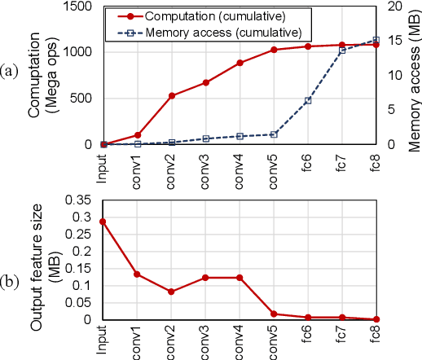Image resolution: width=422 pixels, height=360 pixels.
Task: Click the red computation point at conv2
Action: pyautogui.click(x=172, y=95)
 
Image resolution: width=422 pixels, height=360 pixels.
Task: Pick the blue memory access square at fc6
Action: pyautogui.click(x=308, y=101)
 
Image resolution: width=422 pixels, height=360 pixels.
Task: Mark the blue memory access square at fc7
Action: pyautogui.click(x=342, y=50)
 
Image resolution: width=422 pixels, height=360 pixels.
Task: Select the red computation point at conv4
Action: pyautogui.click(x=240, y=63)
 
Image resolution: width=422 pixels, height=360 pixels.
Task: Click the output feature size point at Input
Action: pyautogui.click(x=103, y=222)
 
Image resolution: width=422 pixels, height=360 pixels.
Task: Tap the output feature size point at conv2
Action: pyautogui.click(x=172, y=292)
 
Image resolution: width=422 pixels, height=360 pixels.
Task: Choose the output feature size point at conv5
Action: pyautogui.click(x=274, y=314)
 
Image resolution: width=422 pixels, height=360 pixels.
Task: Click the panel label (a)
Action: pyautogui.click(x=11, y=72)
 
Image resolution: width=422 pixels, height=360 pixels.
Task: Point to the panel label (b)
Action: pyautogui.click(x=11, y=282)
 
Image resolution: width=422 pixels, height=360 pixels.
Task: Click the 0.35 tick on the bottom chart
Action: pyautogui.click(x=79, y=200)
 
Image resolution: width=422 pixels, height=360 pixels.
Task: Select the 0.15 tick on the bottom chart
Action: pyautogui.click(x=79, y=268)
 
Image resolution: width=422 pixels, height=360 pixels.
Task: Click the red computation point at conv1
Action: pyautogui.click(x=138, y=134)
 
